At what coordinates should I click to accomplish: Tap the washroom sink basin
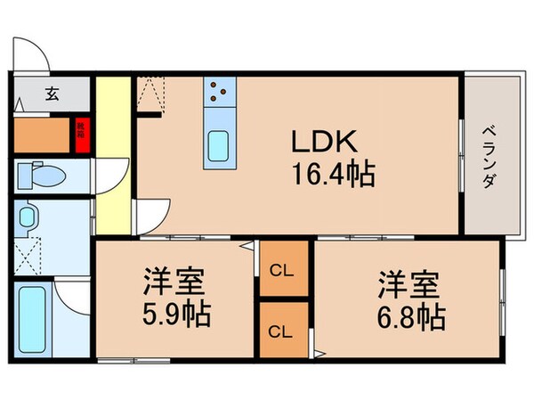pyautogui.click(x=30, y=219)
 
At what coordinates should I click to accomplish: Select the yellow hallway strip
pyautogui.click(x=112, y=151)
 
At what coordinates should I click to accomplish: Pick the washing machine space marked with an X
pyautogui.click(x=31, y=255)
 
